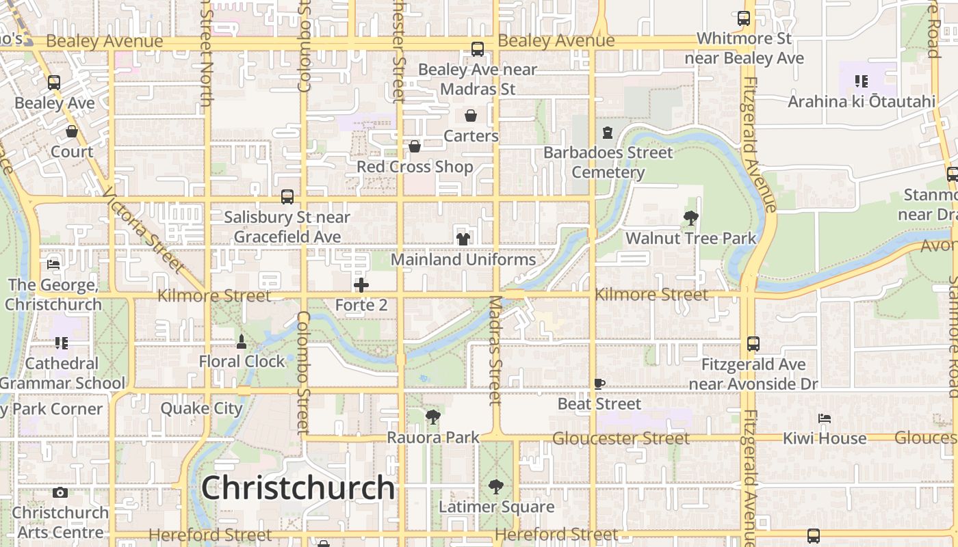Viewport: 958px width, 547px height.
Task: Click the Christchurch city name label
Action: pos(298,488)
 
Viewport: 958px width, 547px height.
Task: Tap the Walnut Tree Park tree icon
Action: pos(691,218)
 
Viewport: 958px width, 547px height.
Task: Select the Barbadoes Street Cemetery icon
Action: pos(608,132)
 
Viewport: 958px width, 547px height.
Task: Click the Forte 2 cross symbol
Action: pos(361,284)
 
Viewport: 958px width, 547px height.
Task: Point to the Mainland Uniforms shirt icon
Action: pos(463,239)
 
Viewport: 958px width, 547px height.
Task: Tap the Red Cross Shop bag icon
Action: pos(415,146)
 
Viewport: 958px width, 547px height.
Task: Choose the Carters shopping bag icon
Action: pos(471,116)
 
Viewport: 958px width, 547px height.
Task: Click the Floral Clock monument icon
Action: pos(241,341)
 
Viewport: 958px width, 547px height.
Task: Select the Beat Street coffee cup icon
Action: pos(599,384)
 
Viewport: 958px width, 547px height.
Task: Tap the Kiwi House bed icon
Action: pos(825,418)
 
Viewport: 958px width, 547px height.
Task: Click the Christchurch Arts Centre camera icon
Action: pos(60,492)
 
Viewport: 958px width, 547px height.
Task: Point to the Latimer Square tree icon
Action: pos(496,487)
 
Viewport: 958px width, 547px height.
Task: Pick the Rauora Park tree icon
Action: pos(432,416)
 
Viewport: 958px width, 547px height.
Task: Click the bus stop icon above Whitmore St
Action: pos(744,18)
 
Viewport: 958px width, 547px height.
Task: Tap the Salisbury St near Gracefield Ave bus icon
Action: pos(287,197)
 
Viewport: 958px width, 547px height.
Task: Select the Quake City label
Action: pos(201,409)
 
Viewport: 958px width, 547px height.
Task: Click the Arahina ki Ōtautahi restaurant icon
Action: pos(862,81)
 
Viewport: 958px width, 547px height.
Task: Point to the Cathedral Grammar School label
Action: pos(62,373)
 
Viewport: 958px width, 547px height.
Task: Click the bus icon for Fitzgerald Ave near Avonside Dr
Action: pos(753,344)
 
